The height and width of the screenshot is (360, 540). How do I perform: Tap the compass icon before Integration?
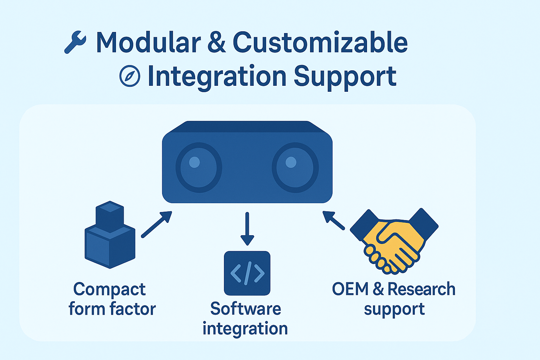click(x=130, y=76)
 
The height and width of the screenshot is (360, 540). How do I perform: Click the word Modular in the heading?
click(x=148, y=43)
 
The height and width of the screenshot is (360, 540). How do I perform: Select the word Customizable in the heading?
click(x=320, y=43)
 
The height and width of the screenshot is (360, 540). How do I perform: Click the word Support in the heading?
click(x=345, y=77)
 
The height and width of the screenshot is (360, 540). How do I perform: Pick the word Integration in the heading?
click(x=217, y=77)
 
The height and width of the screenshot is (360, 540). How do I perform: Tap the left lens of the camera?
click(x=199, y=167)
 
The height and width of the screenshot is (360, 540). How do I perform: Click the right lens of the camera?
click(x=295, y=167)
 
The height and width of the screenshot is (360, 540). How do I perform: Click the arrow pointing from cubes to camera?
click(x=156, y=224)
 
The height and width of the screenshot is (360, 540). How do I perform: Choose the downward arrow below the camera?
click(x=247, y=229)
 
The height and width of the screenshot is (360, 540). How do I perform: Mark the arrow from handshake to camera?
click(x=334, y=220)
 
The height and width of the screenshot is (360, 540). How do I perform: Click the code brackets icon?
click(x=247, y=273)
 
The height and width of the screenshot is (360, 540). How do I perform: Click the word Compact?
click(x=109, y=290)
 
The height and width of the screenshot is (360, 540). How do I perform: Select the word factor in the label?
click(x=133, y=309)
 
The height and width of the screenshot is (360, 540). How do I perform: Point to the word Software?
click(x=246, y=309)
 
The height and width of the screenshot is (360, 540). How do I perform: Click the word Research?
click(x=421, y=289)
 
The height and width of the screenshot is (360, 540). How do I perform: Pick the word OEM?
click(x=350, y=289)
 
